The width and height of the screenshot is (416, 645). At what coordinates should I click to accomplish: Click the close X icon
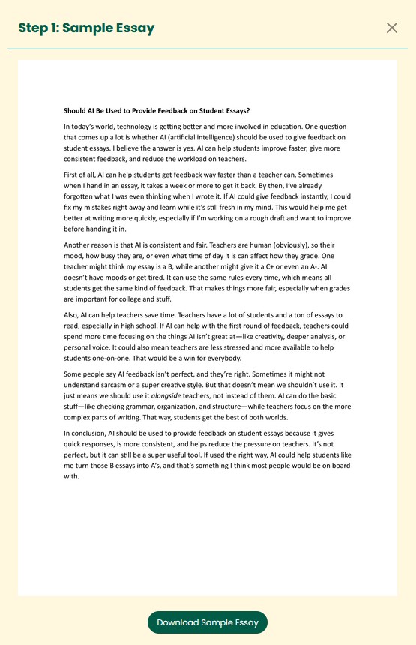[x=391, y=28]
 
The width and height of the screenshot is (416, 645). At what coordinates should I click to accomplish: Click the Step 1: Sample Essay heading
[x=86, y=28]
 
